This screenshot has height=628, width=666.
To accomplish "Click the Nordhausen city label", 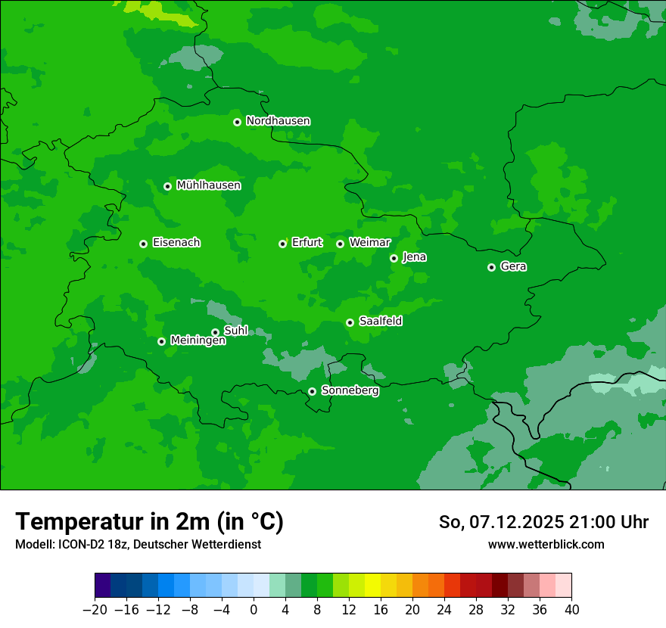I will click(x=278, y=121).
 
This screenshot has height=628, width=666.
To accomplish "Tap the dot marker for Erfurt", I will click(x=282, y=244).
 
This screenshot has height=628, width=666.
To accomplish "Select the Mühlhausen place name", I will click(x=208, y=185).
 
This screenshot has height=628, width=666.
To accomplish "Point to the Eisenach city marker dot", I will click(x=143, y=244).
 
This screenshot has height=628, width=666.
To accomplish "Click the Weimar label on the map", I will click(x=369, y=243).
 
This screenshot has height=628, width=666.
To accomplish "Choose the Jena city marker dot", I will click(x=394, y=258).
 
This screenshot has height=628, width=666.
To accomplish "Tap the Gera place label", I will click(x=513, y=266).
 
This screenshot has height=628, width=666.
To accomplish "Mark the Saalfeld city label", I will click(x=380, y=322).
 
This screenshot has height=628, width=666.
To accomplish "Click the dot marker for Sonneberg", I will click(x=312, y=391).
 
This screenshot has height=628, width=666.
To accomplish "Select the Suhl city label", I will click(x=235, y=331).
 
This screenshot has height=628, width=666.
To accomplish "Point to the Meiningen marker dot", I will click(x=161, y=341).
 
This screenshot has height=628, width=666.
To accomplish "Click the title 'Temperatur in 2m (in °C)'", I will click(x=149, y=521).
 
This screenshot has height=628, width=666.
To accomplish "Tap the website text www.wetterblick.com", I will click(x=546, y=544).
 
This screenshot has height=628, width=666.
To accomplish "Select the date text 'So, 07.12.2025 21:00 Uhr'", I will click(x=543, y=522).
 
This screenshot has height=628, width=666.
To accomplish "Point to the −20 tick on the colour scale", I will click(x=95, y=610).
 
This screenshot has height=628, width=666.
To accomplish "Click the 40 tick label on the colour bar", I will click(x=571, y=610).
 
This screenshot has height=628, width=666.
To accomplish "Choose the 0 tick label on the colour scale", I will click(x=254, y=610).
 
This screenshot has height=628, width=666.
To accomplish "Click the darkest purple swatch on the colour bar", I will click(x=103, y=586).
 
